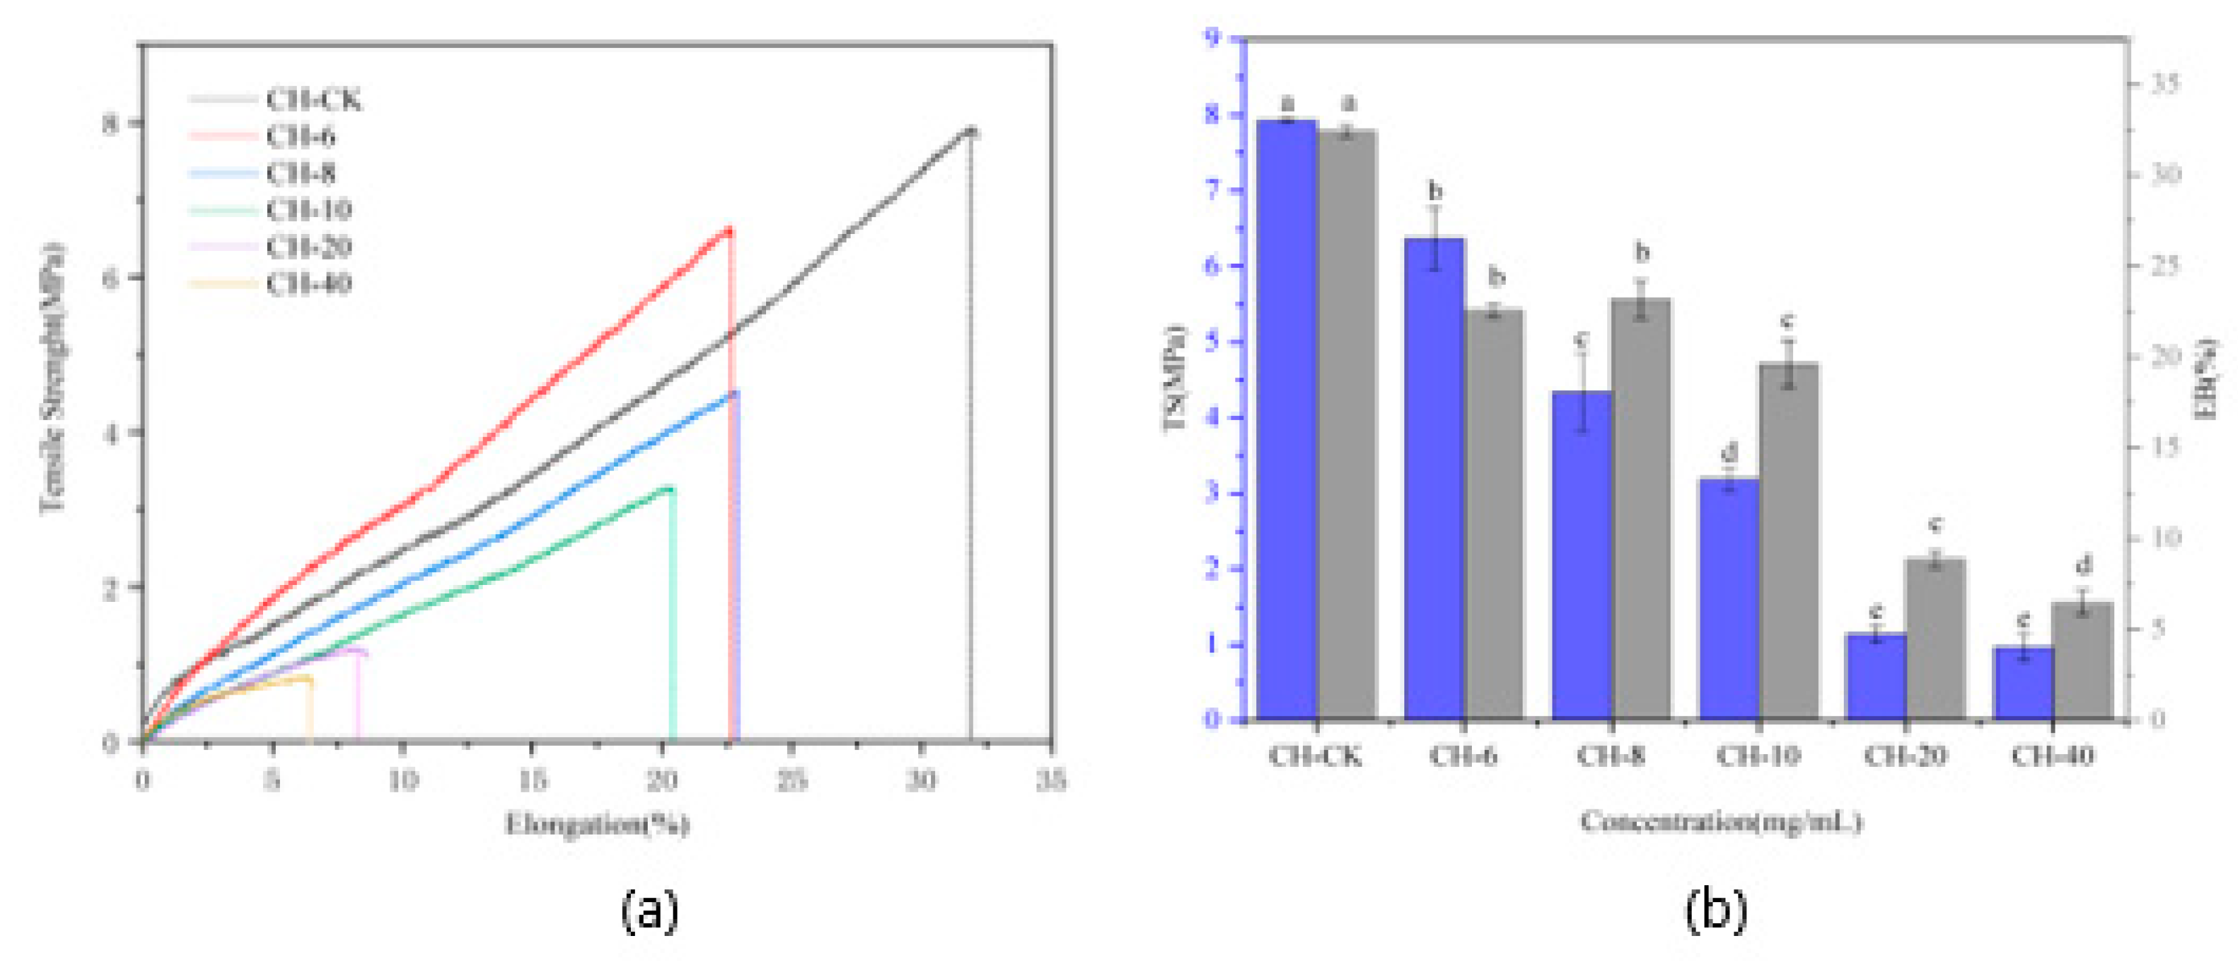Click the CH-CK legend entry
(313, 101)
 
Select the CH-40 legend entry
(308, 284)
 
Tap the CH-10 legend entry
(308, 210)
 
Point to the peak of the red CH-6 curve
(728, 230)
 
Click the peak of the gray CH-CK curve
(972, 131)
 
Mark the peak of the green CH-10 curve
(669, 488)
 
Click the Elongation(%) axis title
(598, 823)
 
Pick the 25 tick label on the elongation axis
(790, 780)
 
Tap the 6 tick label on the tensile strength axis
(111, 277)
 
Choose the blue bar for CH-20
(1876, 677)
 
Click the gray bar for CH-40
(2082, 661)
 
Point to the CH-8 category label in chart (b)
(1610, 756)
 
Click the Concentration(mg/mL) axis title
(1720, 821)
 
